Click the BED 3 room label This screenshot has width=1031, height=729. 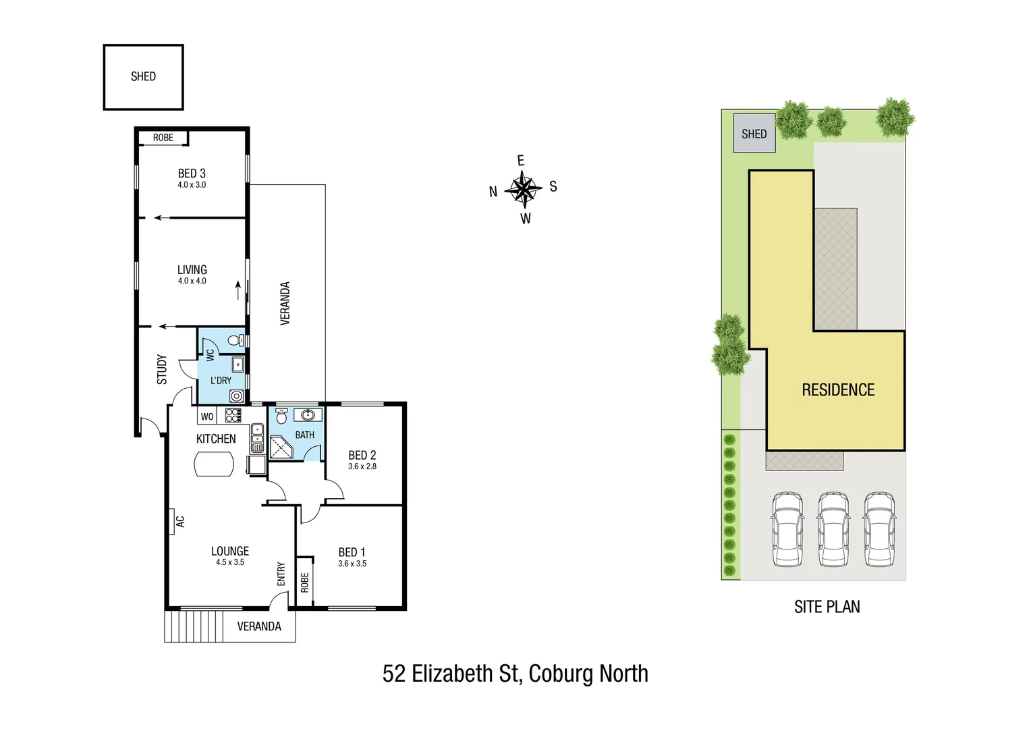pos(192,173)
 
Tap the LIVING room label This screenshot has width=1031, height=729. pos(192,270)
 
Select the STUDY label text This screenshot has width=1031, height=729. pos(162,369)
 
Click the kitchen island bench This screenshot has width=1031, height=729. pos(214,464)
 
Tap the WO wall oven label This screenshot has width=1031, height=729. pos(207,416)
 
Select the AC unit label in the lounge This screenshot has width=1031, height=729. pos(179,521)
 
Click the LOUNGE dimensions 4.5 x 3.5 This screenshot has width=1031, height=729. pos(230,562)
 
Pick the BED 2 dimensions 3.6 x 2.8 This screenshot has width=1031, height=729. pos(362,466)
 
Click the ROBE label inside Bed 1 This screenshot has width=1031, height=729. pos(304,583)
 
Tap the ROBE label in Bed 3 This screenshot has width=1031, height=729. pos(163,138)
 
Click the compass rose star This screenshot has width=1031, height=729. pos(524,188)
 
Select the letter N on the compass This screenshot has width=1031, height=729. pos(493,192)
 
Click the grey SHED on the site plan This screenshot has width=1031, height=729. pos(754,134)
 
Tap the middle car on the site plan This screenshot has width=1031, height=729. pos(833,529)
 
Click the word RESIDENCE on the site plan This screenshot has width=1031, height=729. pos(838,389)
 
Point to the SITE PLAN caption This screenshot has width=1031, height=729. pos(827,607)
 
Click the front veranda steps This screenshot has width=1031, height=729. pos(194,626)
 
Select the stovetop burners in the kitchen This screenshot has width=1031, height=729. pos(233,415)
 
